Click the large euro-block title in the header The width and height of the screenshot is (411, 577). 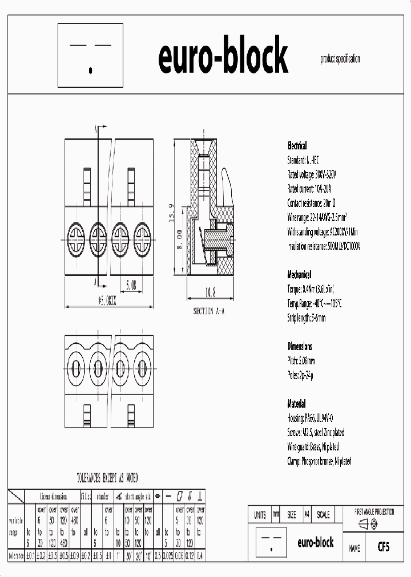coord(223,57)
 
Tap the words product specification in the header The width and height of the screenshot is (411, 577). coord(340,59)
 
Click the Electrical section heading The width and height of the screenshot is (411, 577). coord(297,146)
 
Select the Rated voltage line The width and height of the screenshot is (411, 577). coord(312,174)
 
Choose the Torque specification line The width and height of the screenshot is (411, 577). coord(318,289)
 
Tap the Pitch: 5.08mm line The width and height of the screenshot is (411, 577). coord(301,361)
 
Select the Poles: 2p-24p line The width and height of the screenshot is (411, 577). coord(300,375)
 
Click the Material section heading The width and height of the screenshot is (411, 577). coord(296,404)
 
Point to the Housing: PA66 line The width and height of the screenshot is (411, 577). coord(316,418)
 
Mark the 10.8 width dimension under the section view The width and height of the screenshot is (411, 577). coord(210,293)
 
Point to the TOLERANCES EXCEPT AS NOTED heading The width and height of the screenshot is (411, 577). coord(107,478)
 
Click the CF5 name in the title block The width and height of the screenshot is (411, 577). coord(383,547)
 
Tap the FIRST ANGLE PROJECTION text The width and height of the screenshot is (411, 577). coord(374,512)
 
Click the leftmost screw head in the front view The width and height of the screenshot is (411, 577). coord(77,233)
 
